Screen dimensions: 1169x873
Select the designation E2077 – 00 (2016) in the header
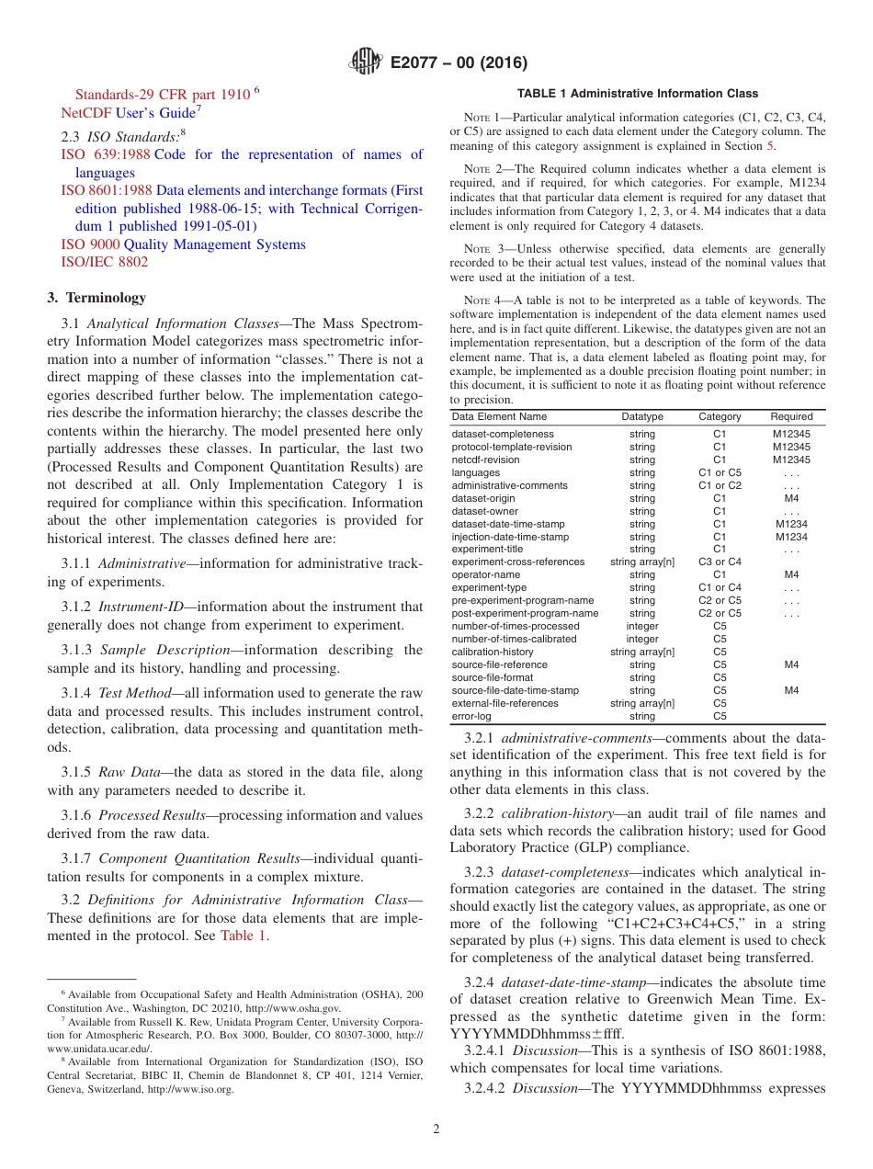(x=459, y=63)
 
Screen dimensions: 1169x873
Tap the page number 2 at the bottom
(x=436, y=1129)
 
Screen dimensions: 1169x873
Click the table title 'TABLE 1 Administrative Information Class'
(x=638, y=94)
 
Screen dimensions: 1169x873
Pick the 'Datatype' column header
(x=641, y=417)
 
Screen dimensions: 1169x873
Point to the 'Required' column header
(x=791, y=417)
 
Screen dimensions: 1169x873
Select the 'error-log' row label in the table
(x=471, y=716)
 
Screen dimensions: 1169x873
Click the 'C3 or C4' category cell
(x=720, y=562)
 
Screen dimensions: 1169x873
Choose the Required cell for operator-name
(x=791, y=574)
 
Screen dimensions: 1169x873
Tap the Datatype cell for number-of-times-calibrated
(x=641, y=639)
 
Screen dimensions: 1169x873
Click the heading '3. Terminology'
(x=96, y=298)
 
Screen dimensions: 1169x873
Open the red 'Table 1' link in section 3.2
(x=243, y=936)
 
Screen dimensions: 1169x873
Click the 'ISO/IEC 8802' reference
(x=104, y=262)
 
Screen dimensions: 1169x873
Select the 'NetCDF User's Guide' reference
(x=128, y=113)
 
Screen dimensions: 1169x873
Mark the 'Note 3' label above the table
(x=482, y=249)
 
